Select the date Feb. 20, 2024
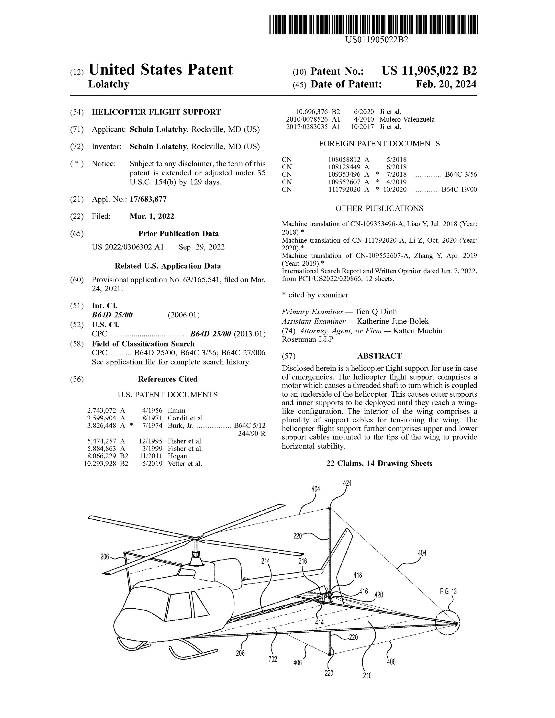[x=446, y=85]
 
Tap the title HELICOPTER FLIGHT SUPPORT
[x=156, y=112]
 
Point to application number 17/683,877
[x=148, y=199]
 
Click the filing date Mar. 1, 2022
[x=152, y=216]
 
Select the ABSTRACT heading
[x=379, y=356]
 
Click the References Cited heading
[x=167, y=379]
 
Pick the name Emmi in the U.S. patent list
[x=176, y=410]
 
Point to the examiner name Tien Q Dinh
[x=376, y=312]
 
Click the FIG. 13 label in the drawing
[x=448, y=591]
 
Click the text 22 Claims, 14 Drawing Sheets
[x=379, y=464]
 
